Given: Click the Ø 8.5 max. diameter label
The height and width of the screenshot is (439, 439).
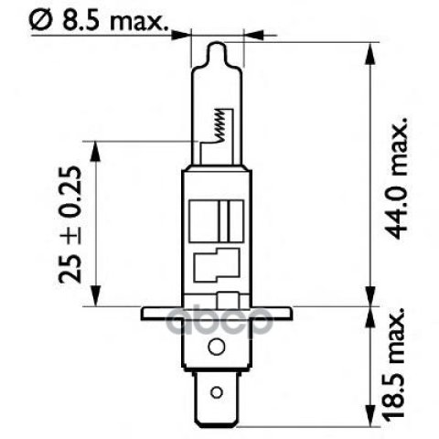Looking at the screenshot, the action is tap(99, 20).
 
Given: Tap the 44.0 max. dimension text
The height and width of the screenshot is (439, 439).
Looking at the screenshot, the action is tap(399, 177).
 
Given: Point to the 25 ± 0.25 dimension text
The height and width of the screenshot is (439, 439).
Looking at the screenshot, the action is tap(70, 225).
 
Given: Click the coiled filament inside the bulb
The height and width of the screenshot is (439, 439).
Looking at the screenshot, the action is tap(220, 125).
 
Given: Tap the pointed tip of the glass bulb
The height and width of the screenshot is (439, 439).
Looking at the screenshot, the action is tap(217, 43).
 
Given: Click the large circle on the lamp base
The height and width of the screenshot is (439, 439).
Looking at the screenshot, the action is tap(217, 347).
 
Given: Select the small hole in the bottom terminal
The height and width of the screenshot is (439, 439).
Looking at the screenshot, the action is tap(217, 392).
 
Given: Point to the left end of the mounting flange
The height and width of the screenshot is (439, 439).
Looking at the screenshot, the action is tap(142, 314).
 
